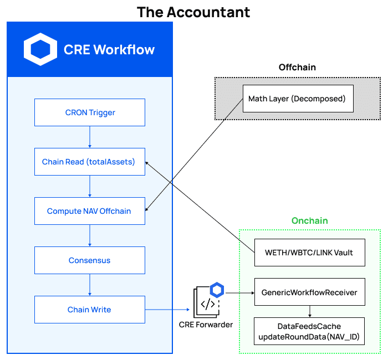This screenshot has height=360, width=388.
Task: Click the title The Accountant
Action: [193, 12]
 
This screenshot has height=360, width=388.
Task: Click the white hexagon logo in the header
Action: [40, 49]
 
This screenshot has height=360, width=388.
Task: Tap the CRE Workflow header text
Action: [109, 49]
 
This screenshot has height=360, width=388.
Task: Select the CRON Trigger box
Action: [90, 112]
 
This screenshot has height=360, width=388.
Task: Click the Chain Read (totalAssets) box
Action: [90, 162]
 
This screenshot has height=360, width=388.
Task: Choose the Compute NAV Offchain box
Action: [90, 211]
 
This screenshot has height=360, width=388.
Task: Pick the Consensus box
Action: [90, 260]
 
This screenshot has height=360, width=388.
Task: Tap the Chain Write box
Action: [90, 310]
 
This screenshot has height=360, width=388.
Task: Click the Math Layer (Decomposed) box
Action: [298, 99]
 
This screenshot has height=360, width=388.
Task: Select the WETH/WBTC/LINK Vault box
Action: [309, 253]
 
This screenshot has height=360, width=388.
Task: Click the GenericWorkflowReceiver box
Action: [309, 291]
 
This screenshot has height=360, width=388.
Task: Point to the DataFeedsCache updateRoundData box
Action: [309, 331]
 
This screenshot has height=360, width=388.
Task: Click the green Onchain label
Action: [310, 220]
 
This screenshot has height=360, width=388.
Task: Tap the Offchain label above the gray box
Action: [297, 67]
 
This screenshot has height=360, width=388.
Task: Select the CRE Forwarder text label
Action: [206, 324]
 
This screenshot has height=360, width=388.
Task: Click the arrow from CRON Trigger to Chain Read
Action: [90, 137]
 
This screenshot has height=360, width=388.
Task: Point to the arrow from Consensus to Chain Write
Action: [90, 285]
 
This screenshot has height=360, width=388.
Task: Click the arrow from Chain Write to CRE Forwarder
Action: [166, 310]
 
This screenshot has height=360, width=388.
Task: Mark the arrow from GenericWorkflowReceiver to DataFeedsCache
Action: [309, 311]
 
